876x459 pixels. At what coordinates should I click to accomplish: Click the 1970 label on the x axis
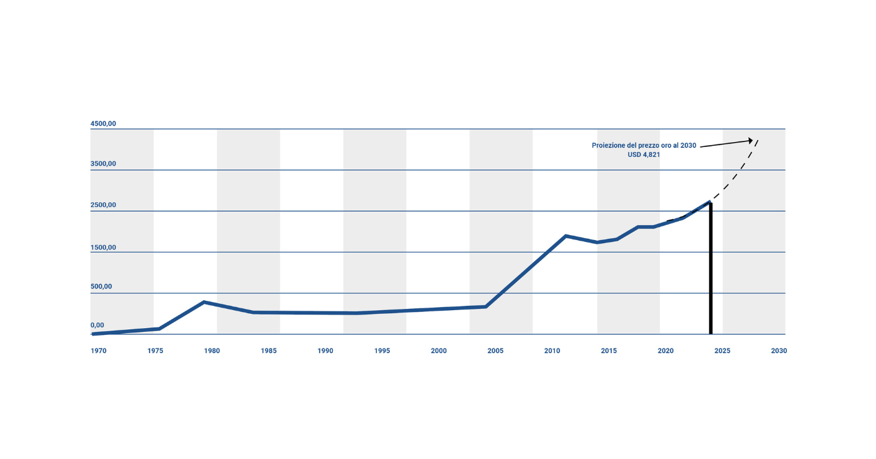99,351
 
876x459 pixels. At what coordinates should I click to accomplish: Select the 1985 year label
268,351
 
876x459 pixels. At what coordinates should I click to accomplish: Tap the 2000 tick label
438,351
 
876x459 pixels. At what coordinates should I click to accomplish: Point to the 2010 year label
552,351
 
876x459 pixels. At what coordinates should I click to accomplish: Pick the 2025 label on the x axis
722,351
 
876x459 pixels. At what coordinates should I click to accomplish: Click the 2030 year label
779,351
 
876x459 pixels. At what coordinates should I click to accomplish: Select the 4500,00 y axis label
104,124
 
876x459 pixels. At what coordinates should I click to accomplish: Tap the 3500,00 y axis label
104,164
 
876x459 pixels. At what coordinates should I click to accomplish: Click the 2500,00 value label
104,205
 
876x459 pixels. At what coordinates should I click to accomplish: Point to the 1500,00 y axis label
104,247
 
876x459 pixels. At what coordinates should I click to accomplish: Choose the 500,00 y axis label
102,287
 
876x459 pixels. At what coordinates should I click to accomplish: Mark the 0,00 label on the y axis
97,325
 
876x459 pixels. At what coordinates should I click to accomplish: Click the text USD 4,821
644,155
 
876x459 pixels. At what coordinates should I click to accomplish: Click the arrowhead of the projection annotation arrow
751,140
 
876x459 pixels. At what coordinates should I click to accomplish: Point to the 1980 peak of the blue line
204,302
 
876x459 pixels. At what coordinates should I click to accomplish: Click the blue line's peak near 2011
565,236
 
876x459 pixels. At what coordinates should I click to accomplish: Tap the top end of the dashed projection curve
758,140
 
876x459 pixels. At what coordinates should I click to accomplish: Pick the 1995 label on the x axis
382,351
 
